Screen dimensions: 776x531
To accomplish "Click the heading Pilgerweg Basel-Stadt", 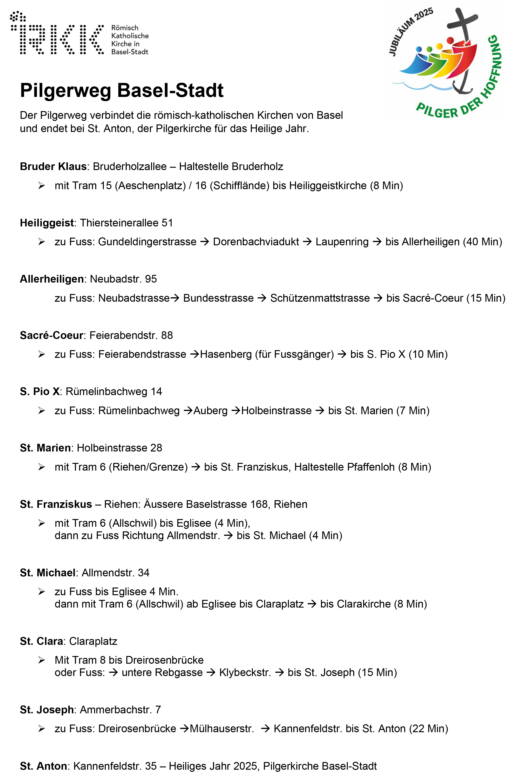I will [122, 90].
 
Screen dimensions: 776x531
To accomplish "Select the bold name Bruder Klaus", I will [53, 166].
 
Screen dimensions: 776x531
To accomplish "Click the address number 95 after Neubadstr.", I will [151, 279].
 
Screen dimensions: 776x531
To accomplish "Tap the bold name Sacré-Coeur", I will [51, 335].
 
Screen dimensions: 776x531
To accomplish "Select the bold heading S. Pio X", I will [40, 392].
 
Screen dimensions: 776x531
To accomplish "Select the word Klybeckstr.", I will [245, 673].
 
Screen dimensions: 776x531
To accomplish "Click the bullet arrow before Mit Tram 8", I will [41, 660].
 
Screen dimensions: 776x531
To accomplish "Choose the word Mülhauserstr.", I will [222, 728].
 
